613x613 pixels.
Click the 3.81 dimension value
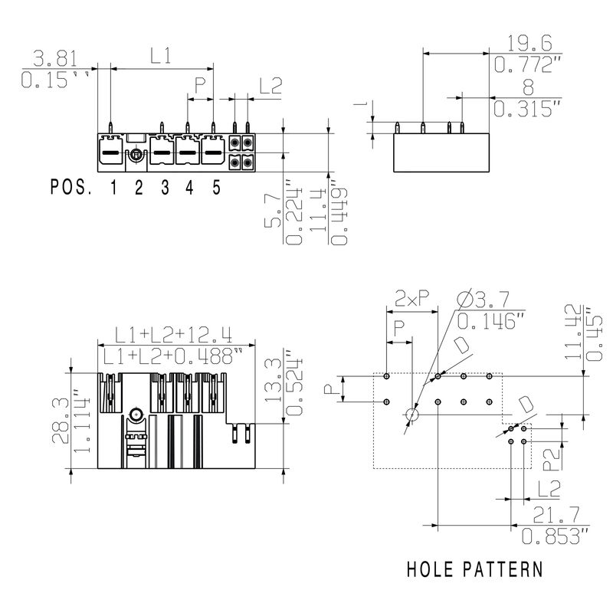(x=54, y=59)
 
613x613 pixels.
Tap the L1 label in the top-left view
(x=160, y=56)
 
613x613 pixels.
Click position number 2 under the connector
(x=138, y=187)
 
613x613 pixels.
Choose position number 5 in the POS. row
(x=216, y=187)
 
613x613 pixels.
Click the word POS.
(x=71, y=187)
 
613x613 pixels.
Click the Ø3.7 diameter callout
(x=487, y=298)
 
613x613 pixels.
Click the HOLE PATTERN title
(x=474, y=569)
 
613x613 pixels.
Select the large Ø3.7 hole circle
(x=412, y=415)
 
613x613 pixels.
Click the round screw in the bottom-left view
(x=136, y=415)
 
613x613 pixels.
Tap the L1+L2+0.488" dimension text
(x=174, y=356)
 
